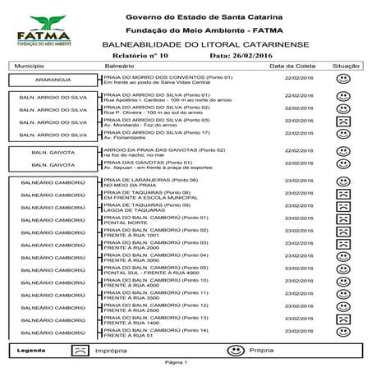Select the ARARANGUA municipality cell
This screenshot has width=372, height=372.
click(53, 80)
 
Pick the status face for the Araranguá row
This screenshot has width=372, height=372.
click(344, 80)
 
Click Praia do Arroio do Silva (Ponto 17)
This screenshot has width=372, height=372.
click(157, 132)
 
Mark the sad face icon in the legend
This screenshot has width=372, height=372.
click(79, 350)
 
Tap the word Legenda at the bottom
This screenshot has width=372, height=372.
click(30, 350)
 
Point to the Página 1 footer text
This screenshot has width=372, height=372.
click(176, 362)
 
